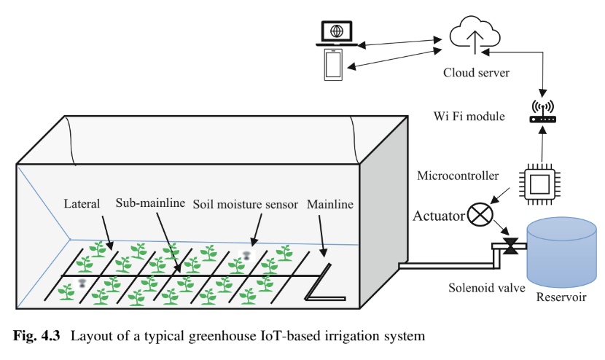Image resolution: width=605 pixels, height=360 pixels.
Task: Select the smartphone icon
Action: pyautogui.click(x=334, y=64)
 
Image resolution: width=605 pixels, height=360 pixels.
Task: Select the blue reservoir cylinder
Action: pyautogui.click(x=561, y=252)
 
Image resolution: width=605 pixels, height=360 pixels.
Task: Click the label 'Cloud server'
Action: pyautogui.click(x=476, y=73)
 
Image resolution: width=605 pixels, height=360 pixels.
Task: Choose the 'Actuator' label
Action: pyautogui.click(x=439, y=216)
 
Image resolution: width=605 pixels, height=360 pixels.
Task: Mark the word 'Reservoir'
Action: pyautogui.click(x=561, y=297)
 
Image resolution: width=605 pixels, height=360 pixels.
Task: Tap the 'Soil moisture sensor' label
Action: pyautogui.click(x=246, y=205)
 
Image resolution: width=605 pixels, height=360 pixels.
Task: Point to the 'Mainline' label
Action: pyautogui.click(x=330, y=205)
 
